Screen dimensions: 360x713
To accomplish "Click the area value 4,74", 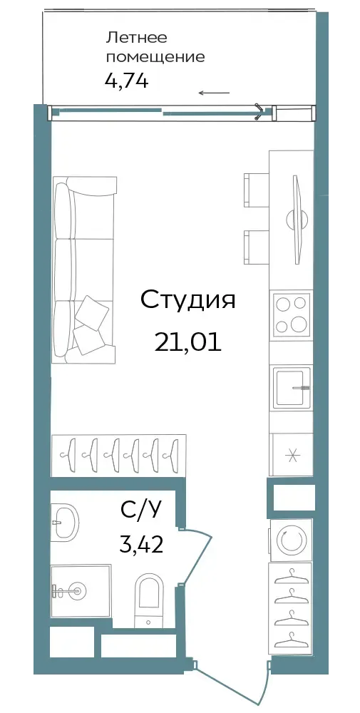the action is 127,81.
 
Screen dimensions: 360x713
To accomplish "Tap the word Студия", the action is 187,301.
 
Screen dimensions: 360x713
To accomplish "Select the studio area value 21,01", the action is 187,342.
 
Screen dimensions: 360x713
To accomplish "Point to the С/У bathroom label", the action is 141,511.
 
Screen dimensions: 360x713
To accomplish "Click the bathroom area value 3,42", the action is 141,543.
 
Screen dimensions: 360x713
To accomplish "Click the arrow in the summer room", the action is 214,93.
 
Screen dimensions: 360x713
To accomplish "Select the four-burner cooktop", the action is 291,314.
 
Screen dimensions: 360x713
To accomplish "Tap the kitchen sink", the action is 291,387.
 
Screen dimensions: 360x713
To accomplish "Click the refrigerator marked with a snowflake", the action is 291,455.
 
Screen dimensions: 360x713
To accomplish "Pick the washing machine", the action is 291,540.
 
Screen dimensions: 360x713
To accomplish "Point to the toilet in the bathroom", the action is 150,600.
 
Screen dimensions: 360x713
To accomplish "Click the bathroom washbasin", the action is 65,523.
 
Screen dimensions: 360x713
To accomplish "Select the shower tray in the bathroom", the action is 81,590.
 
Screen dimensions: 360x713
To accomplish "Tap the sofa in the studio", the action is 84,270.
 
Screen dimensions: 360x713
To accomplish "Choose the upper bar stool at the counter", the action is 257,190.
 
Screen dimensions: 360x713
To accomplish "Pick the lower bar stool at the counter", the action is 257,247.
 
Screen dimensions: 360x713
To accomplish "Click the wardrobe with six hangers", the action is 118,455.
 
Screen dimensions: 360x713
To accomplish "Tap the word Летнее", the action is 130,39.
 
